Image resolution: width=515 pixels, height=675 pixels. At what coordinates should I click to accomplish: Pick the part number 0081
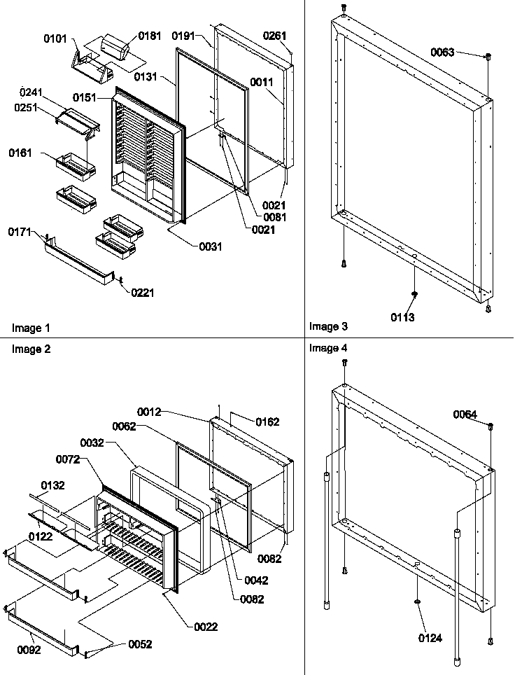point(274,217)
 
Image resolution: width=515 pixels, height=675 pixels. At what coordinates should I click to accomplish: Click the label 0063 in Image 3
point(442,53)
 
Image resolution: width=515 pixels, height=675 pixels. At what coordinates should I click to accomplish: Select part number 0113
point(403,317)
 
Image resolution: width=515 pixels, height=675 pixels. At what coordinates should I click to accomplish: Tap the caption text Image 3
point(328,326)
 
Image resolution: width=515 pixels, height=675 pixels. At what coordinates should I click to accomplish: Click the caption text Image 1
point(31,328)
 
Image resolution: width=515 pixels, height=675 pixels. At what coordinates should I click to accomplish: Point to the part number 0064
point(465,415)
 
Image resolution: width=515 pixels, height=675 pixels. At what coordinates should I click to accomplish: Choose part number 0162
point(267,422)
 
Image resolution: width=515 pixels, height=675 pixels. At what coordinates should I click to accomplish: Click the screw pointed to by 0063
point(488,56)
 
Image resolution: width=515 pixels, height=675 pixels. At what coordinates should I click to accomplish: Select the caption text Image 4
point(328,348)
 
